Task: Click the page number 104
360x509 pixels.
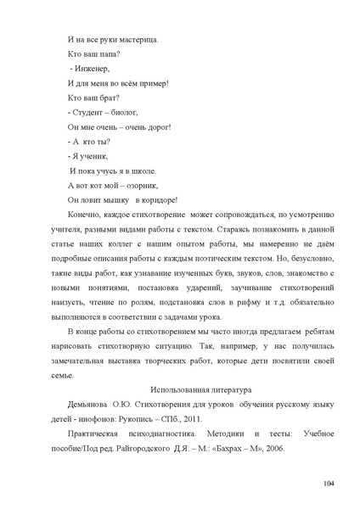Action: tap(329, 484)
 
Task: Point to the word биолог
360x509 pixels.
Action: tap(121, 112)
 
